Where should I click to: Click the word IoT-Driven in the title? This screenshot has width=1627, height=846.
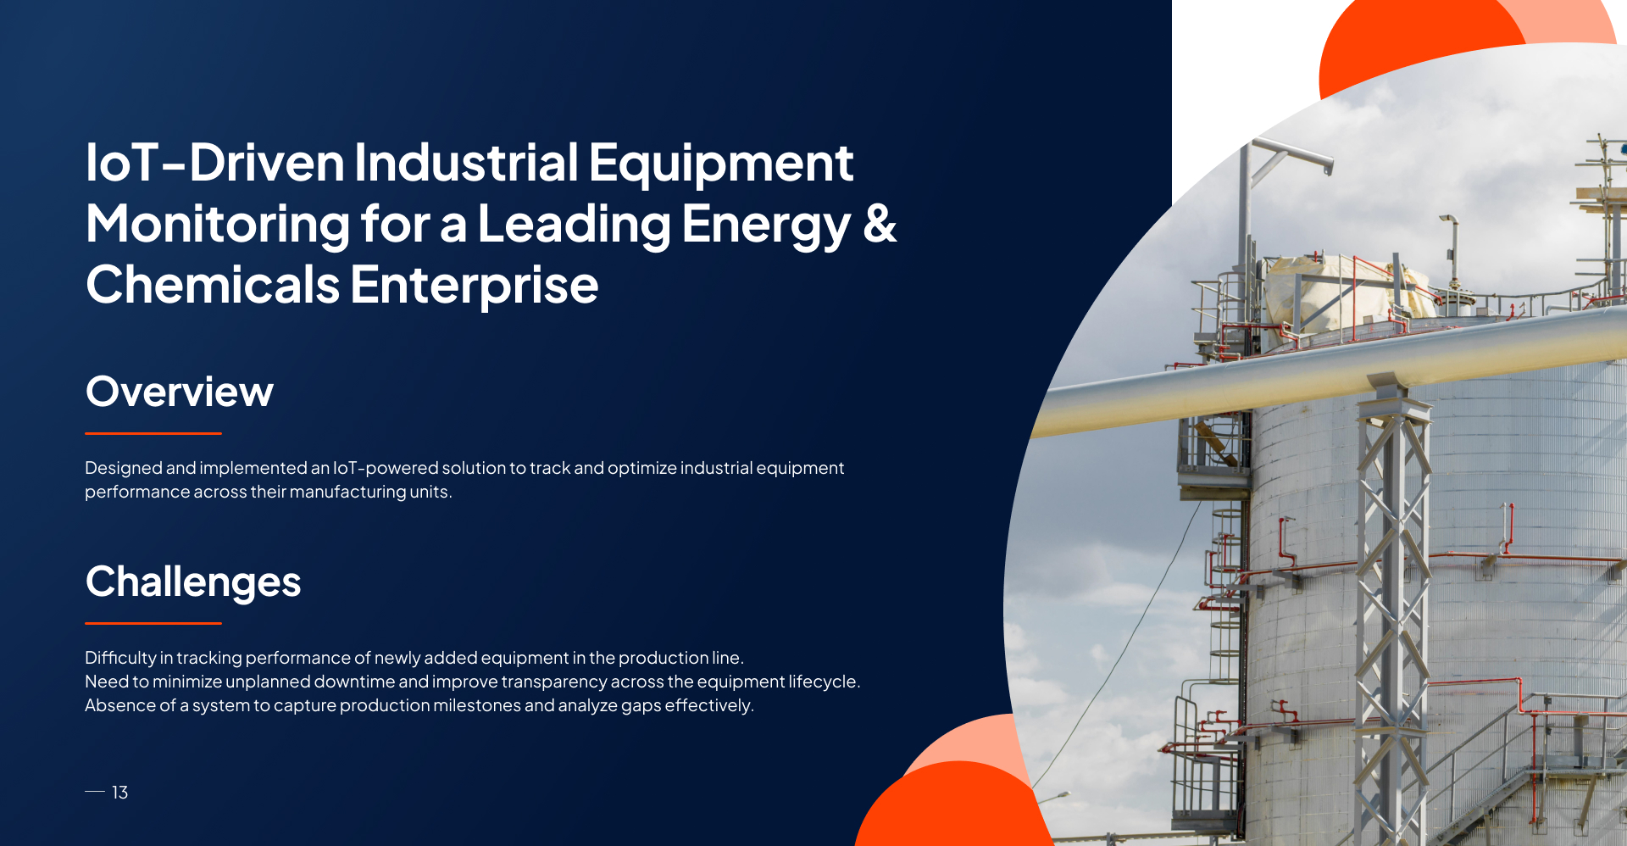coord(214,162)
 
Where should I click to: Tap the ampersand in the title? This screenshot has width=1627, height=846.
coord(880,223)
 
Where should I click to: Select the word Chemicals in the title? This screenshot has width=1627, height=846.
coord(213,284)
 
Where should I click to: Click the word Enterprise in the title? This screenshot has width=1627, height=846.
coord(475,286)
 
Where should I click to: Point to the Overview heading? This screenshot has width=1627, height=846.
coord(180,392)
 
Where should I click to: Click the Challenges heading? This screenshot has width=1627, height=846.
coord(193,582)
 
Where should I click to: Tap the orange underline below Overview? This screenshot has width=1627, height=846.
coord(153,433)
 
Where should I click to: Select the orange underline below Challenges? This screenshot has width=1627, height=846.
coord(153,623)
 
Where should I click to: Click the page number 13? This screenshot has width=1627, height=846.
coord(119,792)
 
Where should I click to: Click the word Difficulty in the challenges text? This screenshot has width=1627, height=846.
coord(120,659)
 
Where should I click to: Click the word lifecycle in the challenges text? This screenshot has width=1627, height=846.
coord(824,682)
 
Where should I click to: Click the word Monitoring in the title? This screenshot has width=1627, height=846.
coord(218,225)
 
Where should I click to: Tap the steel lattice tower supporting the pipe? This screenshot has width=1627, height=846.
coord(1394,610)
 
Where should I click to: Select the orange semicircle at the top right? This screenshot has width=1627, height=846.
coord(1424,38)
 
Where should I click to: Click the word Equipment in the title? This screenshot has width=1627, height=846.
coord(721,164)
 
